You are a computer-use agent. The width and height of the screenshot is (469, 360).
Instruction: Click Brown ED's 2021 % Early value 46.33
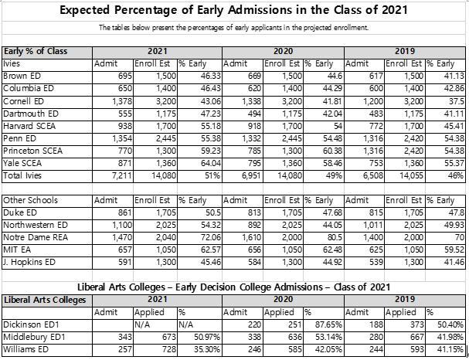211,76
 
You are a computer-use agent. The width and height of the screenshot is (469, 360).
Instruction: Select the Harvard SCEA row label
29,126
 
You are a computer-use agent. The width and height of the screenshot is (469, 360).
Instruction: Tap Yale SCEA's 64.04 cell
211,164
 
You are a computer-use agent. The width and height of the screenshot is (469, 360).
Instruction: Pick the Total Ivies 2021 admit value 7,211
122,176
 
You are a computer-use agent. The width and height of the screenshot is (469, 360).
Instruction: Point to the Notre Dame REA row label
36,238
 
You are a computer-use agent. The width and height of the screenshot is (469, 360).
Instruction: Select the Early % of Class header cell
36,52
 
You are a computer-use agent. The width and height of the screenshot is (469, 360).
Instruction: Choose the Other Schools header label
30,200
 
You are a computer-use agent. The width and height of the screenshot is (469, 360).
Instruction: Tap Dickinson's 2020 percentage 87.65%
328,325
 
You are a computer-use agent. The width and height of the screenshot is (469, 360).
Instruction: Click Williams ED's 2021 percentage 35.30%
207,349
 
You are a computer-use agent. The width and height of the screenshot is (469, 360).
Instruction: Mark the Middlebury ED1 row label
34,338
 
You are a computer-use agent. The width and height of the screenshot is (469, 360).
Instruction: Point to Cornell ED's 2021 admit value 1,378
122,101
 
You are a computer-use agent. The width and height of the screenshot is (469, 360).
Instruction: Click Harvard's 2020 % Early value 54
338,126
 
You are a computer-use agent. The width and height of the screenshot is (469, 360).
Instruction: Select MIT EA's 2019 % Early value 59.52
454,250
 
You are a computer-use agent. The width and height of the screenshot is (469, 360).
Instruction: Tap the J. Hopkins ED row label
29,263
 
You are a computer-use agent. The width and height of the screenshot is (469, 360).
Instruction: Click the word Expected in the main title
84,10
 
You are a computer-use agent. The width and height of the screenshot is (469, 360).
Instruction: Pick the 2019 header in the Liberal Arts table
405,299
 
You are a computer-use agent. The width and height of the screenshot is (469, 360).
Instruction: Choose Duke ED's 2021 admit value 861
124,213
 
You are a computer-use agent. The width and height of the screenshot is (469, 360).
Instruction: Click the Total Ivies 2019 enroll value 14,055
411,176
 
